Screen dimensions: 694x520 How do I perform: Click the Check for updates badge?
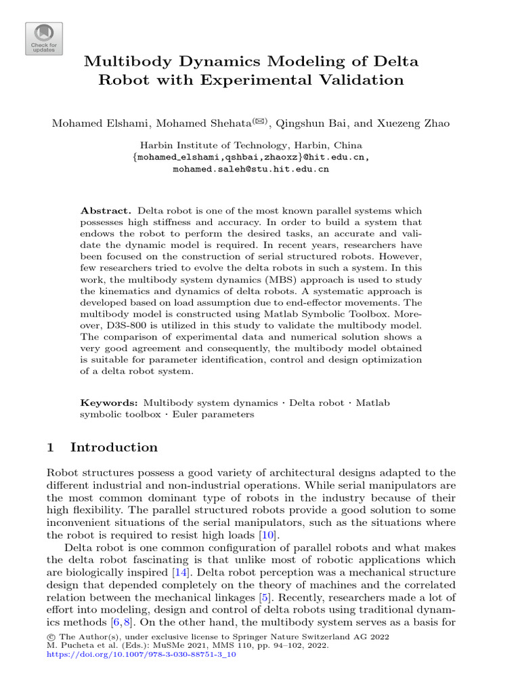click(44, 39)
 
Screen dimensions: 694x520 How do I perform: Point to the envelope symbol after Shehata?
click(259, 121)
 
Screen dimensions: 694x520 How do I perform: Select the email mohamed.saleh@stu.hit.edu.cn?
click(251, 169)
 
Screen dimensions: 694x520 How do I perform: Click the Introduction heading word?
click(114, 447)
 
